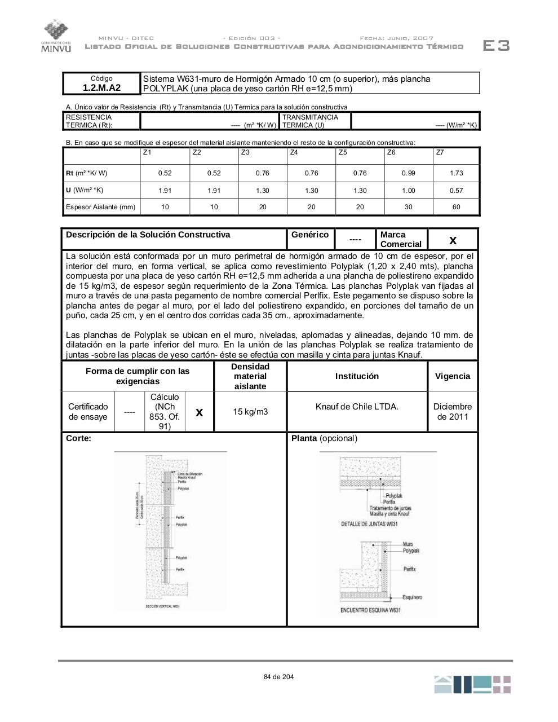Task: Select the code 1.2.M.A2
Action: coord(101,88)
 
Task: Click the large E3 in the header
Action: coord(496,46)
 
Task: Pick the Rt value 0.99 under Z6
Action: coord(408,173)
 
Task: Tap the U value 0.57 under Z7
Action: coord(456,190)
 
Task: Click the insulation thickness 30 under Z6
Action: coord(408,207)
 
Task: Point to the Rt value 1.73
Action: coord(456,173)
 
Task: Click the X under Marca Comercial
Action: coord(453,241)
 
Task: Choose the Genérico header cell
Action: coord(310,235)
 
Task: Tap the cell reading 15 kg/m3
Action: coord(250,412)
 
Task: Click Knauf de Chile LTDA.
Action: coord(357,406)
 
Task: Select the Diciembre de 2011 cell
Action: coord(453,412)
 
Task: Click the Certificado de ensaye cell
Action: coord(88,412)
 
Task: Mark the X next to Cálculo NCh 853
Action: coord(199,413)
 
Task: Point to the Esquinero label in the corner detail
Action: coord(412,597)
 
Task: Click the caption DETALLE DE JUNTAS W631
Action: coord(370,524)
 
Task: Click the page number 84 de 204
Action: coord(278,677)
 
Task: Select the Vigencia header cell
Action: coord(453,376)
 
